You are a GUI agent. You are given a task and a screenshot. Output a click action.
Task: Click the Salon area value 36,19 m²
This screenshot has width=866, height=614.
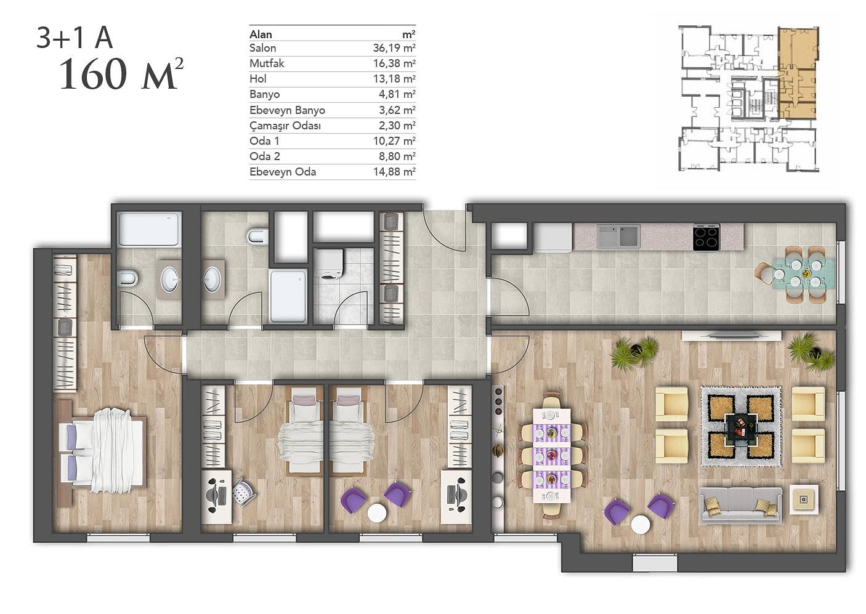[x=394, y=48]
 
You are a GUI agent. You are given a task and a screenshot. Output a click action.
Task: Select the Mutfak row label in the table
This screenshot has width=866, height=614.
[x=267, y=63]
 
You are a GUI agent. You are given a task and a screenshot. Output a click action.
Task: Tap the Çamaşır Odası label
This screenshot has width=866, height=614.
[x=285, y=126]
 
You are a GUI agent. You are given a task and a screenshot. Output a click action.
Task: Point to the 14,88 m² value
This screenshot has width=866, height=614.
[x=394, y=172]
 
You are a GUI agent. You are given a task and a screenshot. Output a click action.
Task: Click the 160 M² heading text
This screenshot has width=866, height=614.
[x=121, y=73]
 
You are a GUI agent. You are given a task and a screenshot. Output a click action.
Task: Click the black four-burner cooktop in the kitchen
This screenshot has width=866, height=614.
[x=706, y=238]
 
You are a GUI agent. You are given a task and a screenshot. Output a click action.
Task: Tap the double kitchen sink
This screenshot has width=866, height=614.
[x=618, y=236]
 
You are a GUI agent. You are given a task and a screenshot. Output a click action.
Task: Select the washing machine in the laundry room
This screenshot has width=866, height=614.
[x=329, y=264]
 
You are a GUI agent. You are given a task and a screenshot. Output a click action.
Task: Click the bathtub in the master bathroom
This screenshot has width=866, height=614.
[x=149, y=229]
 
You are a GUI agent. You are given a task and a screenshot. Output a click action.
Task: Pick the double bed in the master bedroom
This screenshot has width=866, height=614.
[x=102, y=451]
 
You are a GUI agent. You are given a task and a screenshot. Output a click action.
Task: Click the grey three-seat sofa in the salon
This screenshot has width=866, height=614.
[x=740, y=505]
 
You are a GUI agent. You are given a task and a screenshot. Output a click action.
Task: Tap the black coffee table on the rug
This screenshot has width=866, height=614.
[x=741, y=427]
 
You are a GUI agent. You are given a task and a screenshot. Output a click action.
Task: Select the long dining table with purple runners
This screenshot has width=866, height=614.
[x=552, y=456]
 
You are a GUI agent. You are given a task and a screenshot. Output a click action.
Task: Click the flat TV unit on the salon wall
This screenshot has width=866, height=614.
[x=732, y=336]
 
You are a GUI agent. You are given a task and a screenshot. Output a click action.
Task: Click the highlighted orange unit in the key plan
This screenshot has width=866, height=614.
[x=797, y=73]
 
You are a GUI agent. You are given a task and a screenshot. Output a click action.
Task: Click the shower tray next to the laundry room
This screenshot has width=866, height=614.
[x=288, y=296]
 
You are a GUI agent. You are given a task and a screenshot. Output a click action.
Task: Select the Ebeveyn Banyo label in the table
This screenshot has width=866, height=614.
[x=287, y=110]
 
